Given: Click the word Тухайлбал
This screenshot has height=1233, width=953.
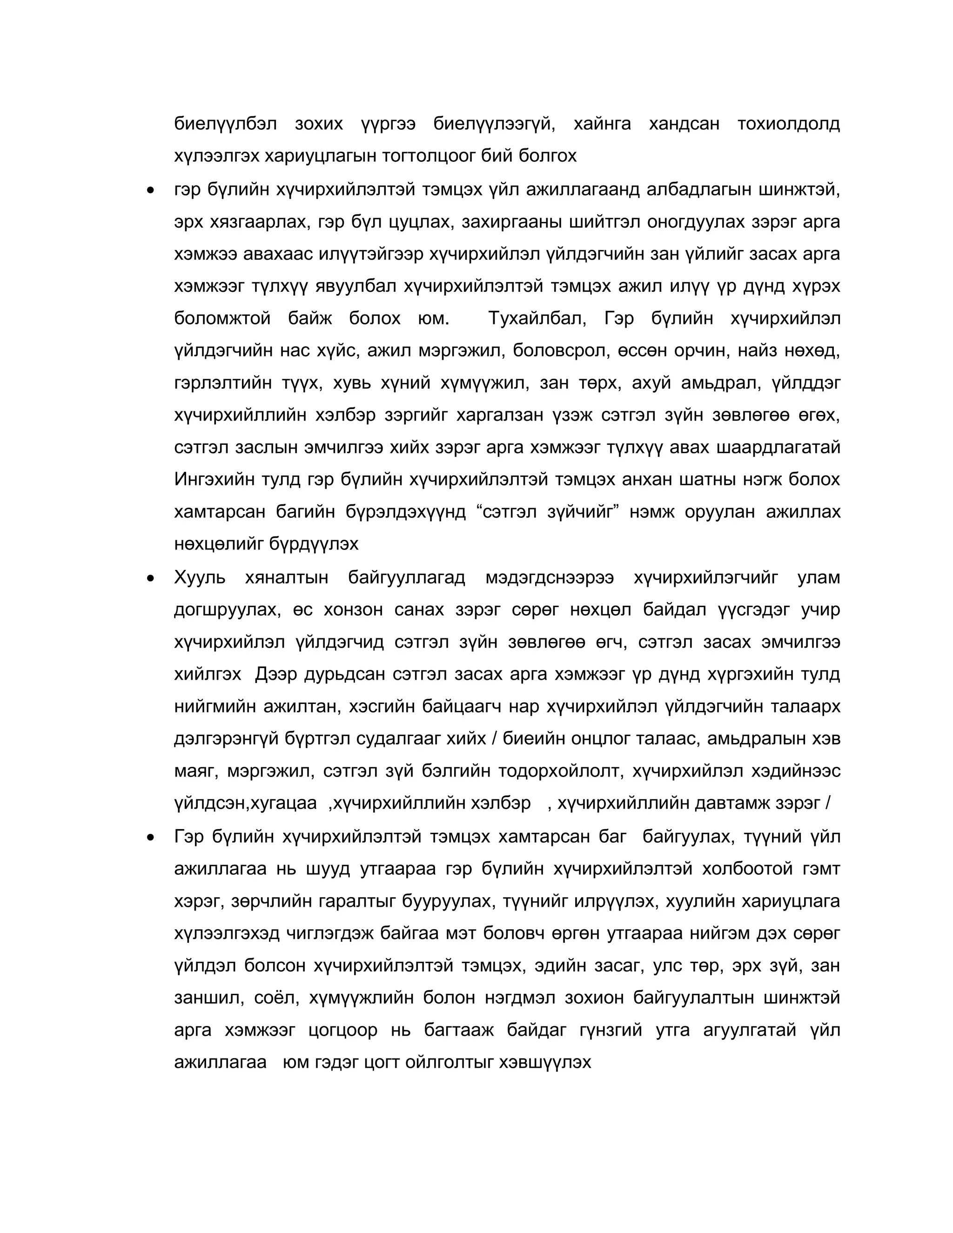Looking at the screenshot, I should (x=537, y=318).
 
